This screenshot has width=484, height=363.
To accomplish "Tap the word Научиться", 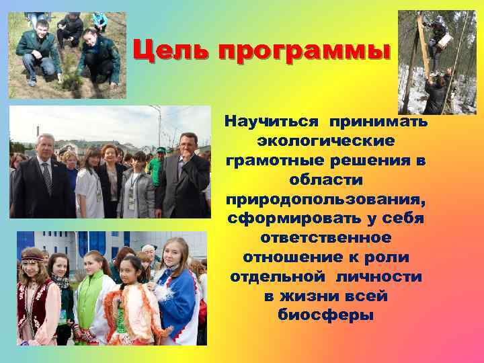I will coord(272,122).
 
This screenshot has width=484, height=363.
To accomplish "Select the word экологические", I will coord(325,142).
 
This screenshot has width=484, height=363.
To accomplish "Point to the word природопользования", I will coord(325,200).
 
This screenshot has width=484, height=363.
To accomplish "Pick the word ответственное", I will coord(325,239).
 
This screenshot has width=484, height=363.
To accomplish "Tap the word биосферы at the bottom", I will coord(325,315).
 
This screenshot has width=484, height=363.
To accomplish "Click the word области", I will coord(325,181).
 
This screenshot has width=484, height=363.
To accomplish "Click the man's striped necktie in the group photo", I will coord(47,177).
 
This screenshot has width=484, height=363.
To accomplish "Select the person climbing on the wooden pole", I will coord(438,40).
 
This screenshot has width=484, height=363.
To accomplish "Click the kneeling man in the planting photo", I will coord(37,54).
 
